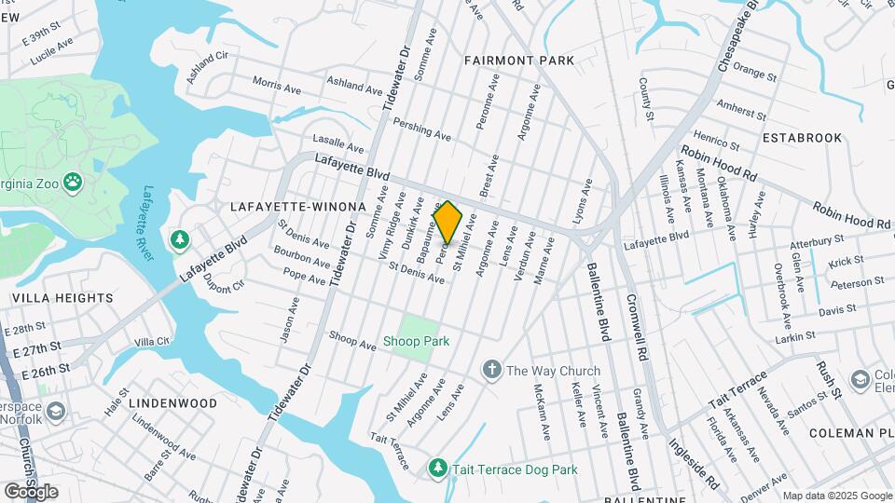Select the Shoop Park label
point(416,342)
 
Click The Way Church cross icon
point(491,370)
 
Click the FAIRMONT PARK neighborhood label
point(519,61)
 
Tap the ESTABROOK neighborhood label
point(802,137)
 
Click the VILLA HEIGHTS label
point(62,298)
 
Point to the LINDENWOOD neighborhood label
point(172,403)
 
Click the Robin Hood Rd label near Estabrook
point(719,164)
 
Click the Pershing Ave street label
point(421,129)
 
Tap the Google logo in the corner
point(30,491)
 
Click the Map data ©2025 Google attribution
point(836,496)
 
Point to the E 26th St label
point(40,370)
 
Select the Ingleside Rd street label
point(694,463)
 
